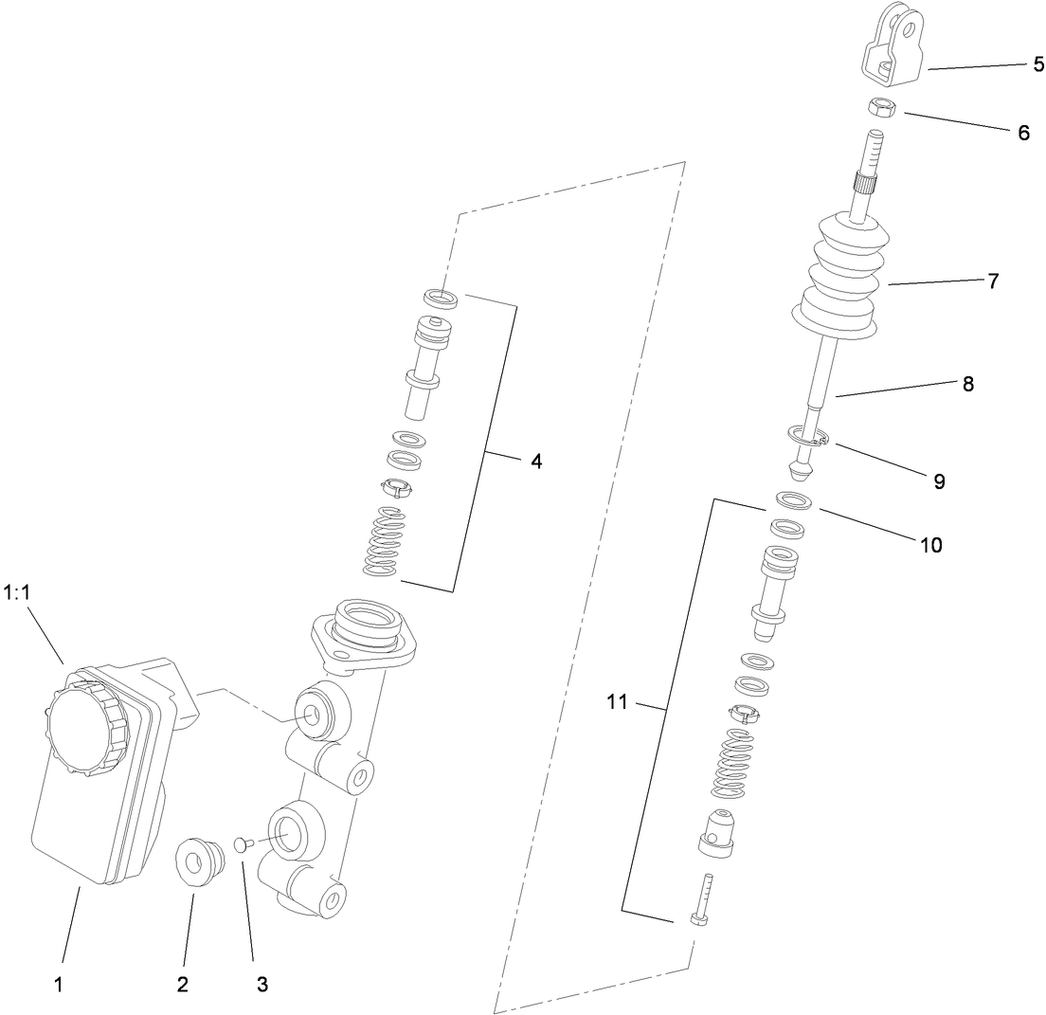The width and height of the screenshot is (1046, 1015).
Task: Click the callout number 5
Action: click(1039, 64)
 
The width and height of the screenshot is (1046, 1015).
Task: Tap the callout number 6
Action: click(1023, 133)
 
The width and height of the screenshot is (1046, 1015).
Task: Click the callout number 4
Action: click(536, 462)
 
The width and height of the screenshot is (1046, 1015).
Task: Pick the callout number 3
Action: click(261, 984)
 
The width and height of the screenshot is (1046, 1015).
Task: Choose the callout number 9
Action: click(939, 481)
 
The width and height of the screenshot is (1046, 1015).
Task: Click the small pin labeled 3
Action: click(241, 842)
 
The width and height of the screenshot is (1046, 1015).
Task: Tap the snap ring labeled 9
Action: click(808, 438)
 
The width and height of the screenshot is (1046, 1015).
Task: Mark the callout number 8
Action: click(967, 384)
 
